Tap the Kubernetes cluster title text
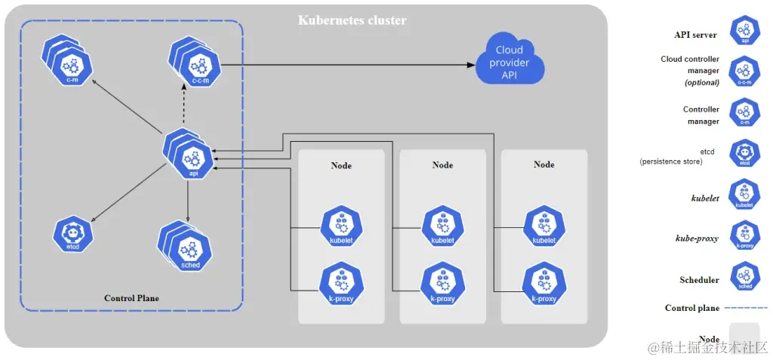[352, 20]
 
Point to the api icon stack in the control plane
[189, 155]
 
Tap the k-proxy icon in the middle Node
[442, 282]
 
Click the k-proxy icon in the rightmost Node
[544, 282]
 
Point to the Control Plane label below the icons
[131, 298]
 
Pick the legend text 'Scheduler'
[699, 280]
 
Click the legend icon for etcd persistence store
[744, 153]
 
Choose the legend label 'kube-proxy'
[697, 238]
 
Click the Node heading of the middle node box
[443, 165]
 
